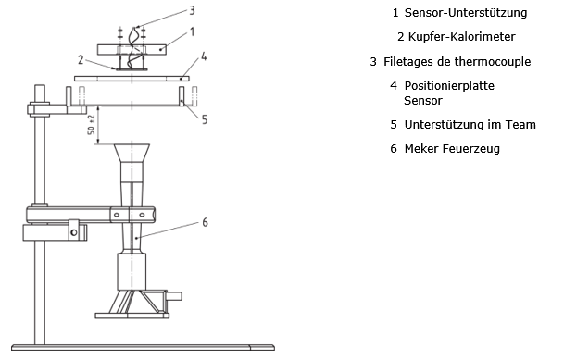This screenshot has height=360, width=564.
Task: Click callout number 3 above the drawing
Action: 192,10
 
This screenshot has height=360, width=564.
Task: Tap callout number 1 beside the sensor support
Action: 192,32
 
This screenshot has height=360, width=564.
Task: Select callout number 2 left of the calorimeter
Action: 81,59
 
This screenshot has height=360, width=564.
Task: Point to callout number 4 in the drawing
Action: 204,56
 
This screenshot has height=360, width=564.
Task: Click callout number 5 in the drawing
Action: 205,119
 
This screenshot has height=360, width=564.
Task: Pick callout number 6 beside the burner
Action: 205,222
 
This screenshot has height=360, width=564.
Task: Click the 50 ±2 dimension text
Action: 92,125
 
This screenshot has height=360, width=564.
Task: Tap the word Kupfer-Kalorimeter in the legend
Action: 462,37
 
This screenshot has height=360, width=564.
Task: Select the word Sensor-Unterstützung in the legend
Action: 466,13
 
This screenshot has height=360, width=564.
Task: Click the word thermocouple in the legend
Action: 493,62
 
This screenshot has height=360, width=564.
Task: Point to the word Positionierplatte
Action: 449,86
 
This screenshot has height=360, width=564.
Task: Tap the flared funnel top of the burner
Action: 132,153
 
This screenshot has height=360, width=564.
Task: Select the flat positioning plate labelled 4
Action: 132,79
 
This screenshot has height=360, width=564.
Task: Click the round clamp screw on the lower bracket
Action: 74,232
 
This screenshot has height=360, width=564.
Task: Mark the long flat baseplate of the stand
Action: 143,347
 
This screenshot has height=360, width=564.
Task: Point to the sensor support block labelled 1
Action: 132,50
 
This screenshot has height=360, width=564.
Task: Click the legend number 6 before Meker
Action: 394,149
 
